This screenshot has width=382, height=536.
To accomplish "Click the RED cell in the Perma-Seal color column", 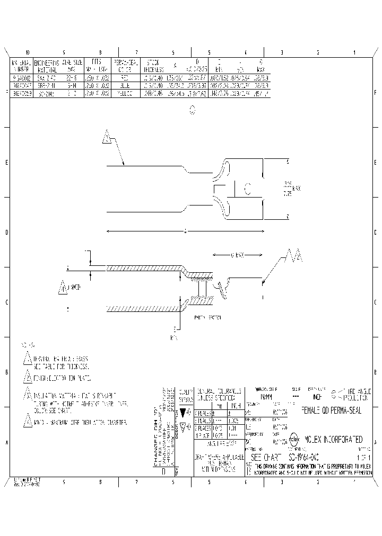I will click(125, 77).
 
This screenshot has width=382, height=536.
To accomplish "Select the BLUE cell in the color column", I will click(125, 85).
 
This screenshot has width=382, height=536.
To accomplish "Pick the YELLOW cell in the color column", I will click(125, 93).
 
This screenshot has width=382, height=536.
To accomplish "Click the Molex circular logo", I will click(295, 440).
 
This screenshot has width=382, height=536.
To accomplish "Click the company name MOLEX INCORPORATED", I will click(333, 440).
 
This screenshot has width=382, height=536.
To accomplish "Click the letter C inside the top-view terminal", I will click(247, 189).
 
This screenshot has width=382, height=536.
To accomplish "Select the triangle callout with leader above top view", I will click(107, 138).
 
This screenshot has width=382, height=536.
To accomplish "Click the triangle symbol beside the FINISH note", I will click(28, 377).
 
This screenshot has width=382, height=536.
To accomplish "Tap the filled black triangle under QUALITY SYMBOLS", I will click(183, 412).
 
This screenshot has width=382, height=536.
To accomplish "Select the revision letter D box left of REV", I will click(163, 470).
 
